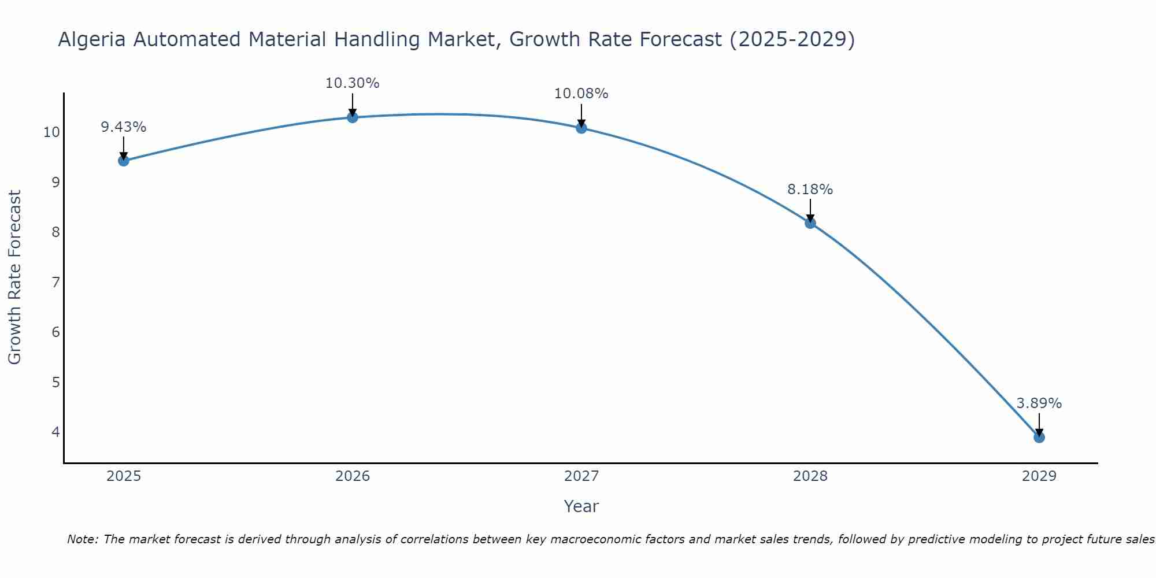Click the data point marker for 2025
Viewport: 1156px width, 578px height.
pyautogui.click(x=123, y=161)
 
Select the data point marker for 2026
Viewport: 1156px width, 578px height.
pyautogui.click(x=353, y=117)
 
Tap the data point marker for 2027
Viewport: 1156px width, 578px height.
pyautogui.click(x=581, y=128)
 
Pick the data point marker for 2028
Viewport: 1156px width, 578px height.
pyautogui.click(x=810, y=223)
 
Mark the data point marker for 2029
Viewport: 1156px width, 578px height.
pyautogui.click(x=1039, y=438)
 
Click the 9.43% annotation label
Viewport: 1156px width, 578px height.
pyautogui.click(x=123, y=127)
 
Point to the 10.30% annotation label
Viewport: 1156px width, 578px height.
pyautogui.click(x=353, y=83)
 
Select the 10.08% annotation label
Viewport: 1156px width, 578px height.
pyautogui.click(x=581, y=94)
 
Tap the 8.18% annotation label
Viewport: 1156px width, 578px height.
pyautogui.click(x=810, y=190)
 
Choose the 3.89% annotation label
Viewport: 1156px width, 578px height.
pyautogui.click(x=1039, y=403)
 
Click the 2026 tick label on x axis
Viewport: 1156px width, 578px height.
pyautogui.click(x=353, y=476)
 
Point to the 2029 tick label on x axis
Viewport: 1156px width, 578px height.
pyautogui.click(x=1039, y=476)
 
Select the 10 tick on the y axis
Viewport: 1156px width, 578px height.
pyautogui.click(x=51, y=132)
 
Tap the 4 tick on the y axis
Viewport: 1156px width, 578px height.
pyautogui.click(x=55, y=432)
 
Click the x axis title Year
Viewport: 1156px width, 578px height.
pyautogui.click(x=581, y=506)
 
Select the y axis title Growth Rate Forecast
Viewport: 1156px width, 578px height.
pyautogui.click(x=15, y=277)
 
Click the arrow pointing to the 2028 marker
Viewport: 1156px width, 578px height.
pyautogui.click(x=810, y=211)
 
